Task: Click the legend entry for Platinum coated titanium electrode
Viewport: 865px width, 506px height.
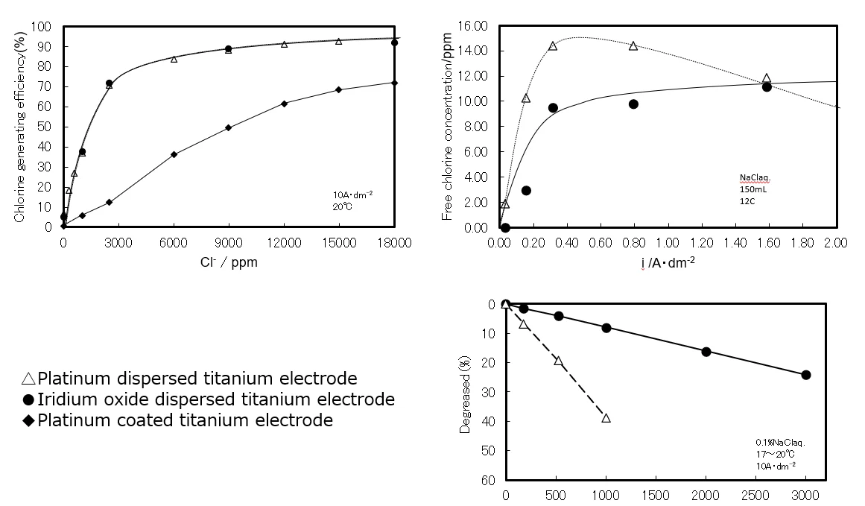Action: (x=177, y=420)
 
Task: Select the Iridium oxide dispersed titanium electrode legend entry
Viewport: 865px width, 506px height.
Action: (x=208, y=399)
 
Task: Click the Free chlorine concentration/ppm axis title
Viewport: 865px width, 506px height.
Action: (x=448, y=127)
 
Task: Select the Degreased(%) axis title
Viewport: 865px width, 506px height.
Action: (x=465, y=392)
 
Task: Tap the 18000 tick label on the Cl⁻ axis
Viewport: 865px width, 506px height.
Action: (x=394, y=242)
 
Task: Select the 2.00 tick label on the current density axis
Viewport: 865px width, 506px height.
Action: (x=836, y=242)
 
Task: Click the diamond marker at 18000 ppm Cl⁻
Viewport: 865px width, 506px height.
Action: (x=394, y=83)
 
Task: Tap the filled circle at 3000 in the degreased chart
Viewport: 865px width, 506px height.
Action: (x=805, y=375)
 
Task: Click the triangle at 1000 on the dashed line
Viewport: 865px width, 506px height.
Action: (x=606, y=418)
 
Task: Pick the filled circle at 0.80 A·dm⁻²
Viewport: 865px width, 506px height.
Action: (x=633, y=104)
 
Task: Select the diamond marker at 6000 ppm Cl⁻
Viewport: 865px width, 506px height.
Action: (x=174, y=154)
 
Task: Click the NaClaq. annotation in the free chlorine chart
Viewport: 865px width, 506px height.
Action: (x=754, y=178)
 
